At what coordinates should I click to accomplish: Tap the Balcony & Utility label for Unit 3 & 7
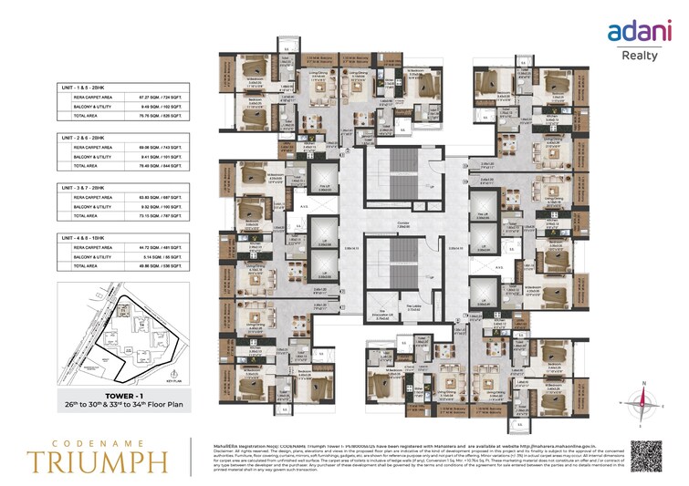pos(83,206)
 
